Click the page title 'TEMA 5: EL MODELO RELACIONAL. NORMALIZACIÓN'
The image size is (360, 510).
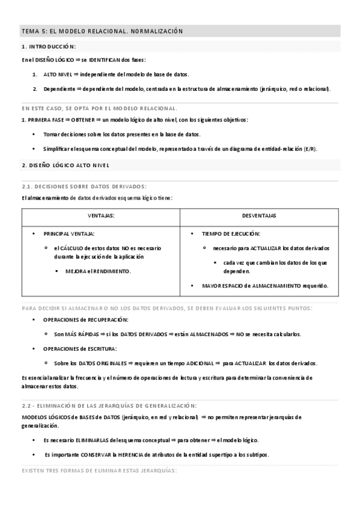click(102, 31)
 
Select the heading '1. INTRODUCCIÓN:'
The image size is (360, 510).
click(48, 46)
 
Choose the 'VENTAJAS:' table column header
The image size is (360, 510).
click(101, 215)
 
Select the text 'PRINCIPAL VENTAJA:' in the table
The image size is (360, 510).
click(69, 233)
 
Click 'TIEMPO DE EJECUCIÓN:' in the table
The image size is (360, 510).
click(231, 233)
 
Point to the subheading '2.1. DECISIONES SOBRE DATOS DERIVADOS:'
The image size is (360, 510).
click(84, 186)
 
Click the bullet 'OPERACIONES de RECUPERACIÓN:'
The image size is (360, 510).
click(85, 319)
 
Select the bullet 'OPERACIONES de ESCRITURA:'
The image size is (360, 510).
click(79, 348)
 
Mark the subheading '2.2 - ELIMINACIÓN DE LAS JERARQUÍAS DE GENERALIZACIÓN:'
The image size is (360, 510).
click(113, 405)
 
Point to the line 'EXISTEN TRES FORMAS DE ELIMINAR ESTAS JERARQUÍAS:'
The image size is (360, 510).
click(99, 470)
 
